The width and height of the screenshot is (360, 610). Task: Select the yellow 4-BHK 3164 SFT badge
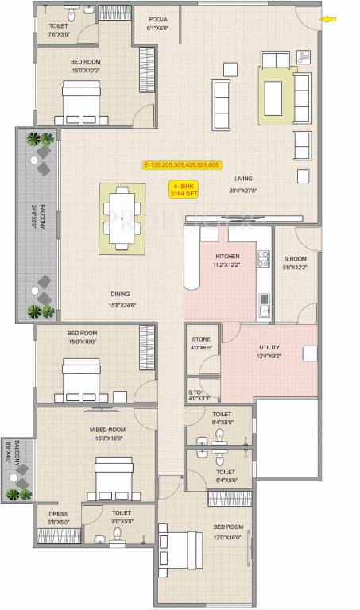(x=184, y=189)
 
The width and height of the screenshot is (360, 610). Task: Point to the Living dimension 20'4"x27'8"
(x=243, y=190)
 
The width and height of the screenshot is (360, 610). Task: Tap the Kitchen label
(x=228, y=257)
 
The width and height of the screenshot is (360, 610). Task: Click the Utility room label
(x=269, y=347)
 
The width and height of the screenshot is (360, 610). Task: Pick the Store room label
(x=200, y=339)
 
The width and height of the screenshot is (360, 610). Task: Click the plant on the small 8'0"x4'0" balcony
(x=14, y=493)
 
